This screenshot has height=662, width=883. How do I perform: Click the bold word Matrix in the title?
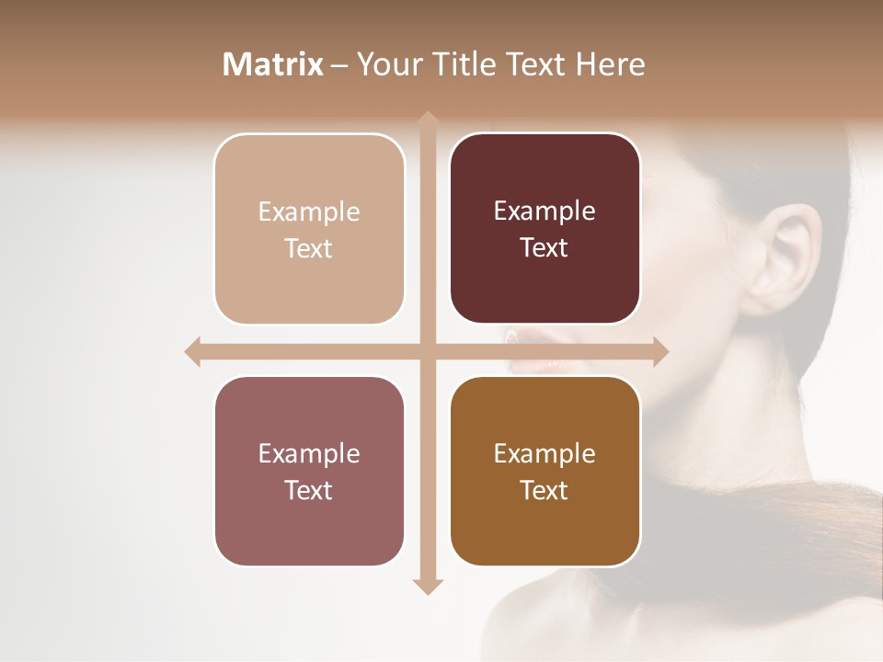click(x=273, y=64)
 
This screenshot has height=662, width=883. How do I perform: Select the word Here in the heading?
click(x=610, y=64)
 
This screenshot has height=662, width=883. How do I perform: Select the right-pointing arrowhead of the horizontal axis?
click(x=660, y=351)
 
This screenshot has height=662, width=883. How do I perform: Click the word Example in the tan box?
click(x=309, y=212)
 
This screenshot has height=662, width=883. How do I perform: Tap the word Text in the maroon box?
click(x=545, y=248)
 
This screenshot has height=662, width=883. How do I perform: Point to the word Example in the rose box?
click(x=309, y=454)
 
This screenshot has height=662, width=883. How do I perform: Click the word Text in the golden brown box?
click(x=545, y=490)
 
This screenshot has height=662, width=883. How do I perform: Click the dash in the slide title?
click(x=339, y=65)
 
